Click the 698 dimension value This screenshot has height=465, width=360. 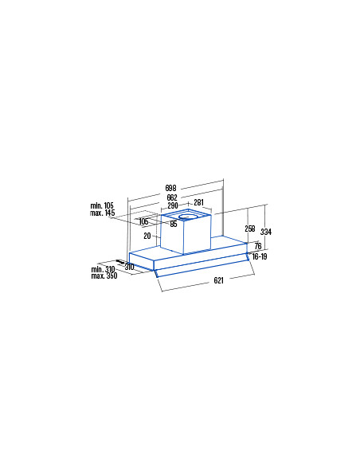[x=170, y=188]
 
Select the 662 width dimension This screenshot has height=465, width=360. [x=172, y=197]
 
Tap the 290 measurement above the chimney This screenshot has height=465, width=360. [x=173, y=205]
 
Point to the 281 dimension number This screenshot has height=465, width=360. [x=198, y=202]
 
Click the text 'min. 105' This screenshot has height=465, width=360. [x=102, y=205]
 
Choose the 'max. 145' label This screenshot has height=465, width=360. [x=102, y=213]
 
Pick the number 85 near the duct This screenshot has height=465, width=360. [x=174, y=224]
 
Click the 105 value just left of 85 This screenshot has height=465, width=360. [x=143, y=221]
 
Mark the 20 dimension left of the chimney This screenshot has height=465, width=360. [x=147, y=236]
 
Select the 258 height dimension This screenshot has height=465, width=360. [x=249, y=229]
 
